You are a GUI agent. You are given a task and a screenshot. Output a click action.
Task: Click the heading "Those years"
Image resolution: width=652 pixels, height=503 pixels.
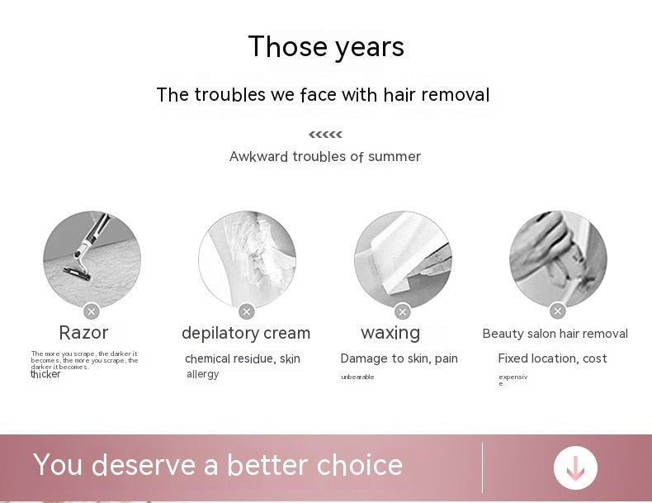point(326,47)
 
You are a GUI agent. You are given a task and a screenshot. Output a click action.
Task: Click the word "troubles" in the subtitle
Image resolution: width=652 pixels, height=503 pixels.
point(230,95)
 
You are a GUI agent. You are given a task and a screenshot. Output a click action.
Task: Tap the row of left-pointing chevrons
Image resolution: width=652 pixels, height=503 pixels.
point(325,135)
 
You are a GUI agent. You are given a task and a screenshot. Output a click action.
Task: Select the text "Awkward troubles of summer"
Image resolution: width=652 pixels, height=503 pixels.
point(325,157)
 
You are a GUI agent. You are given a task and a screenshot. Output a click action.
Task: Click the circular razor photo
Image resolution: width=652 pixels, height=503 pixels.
point(92,259)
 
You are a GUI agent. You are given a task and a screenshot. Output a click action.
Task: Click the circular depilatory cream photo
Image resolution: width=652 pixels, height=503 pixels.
point(247,259)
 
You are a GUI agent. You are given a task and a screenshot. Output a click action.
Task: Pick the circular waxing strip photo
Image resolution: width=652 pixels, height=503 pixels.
point(403,259)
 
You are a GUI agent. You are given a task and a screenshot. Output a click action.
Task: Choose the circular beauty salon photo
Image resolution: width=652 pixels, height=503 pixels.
point(558,259)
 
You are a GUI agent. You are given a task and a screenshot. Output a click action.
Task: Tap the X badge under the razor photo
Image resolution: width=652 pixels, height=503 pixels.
point(92,311)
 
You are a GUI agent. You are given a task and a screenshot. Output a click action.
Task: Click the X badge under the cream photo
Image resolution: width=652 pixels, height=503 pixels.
point(246,311)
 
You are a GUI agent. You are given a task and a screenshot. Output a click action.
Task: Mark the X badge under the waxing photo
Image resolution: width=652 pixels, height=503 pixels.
point(403,311)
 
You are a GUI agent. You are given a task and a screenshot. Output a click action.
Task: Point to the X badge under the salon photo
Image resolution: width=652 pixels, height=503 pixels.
point(558,311)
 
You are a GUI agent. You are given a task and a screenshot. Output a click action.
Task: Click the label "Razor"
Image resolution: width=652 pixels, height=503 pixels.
point(83,333)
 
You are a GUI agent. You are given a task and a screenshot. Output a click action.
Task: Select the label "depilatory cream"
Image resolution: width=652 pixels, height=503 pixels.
point(246,334)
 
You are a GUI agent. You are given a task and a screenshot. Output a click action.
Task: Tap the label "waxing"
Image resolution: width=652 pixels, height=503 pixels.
point(390,333)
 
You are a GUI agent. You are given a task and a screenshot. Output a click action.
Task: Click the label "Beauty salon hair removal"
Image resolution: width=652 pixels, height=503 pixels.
point(555,334)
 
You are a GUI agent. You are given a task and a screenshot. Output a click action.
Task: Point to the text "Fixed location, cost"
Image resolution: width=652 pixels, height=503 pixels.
point(552,358)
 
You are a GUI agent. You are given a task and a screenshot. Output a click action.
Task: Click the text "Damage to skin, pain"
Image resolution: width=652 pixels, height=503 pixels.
point(399,358)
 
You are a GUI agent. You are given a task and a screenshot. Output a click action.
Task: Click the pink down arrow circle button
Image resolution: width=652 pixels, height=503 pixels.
point(575,467)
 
